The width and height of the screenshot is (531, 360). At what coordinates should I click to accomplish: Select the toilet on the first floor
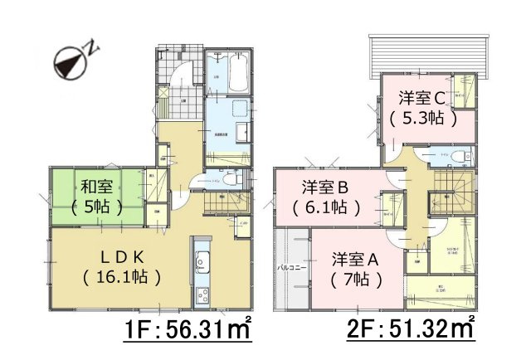point(231,178)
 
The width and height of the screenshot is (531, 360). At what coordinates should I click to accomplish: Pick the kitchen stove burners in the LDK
point(201,294)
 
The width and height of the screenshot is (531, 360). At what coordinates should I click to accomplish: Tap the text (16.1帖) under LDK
point(122,275)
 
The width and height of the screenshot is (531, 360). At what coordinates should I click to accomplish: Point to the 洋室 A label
point(356,259)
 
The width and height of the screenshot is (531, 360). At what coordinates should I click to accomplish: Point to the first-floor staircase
point(219,200)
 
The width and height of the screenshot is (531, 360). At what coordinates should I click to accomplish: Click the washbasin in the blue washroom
point(240,132)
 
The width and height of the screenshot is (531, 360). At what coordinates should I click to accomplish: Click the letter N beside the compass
point(94,48)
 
